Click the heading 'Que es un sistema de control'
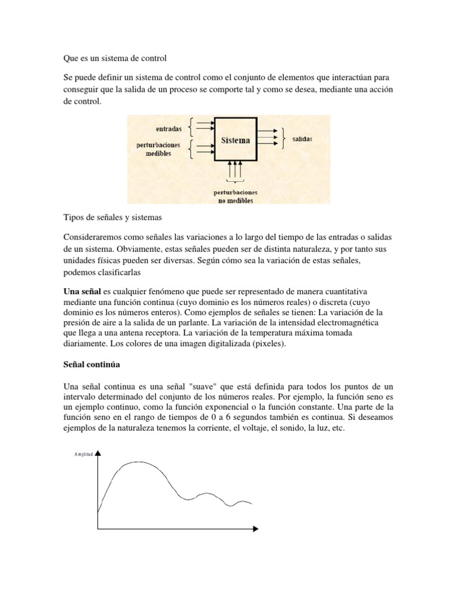click(x=115, y=58)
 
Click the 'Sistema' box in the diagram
click(x=236, y=141)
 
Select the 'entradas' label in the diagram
click(x=169, y=127)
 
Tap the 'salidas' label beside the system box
click(x=302, y=138)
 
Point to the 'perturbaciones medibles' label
click(x=157, y=149)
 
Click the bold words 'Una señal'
click(x=82, y=291)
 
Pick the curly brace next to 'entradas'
click(x=190, y=126)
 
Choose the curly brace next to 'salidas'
click(x=284, y=138)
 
